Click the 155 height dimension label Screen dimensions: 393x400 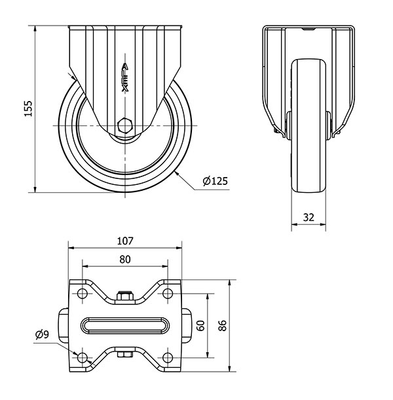point(28,109)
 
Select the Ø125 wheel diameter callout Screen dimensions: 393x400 point(215,181)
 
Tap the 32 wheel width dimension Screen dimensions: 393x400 point(309,217)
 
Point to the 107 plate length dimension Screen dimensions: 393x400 point(125,241)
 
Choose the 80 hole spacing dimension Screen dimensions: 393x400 point(125,260)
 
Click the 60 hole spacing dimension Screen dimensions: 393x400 point(201,325)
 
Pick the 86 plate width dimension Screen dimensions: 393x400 point(223,325)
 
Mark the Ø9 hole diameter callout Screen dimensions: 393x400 point(42,334)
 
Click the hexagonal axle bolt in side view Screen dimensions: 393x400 point(125,126)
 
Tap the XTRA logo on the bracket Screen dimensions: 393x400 point(125,77)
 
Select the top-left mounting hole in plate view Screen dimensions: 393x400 point(83,294)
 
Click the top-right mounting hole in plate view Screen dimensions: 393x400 point(168,294)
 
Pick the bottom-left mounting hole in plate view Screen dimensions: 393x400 point(83,358)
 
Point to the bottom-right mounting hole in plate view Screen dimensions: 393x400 point(168,358)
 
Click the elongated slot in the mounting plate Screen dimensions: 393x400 point(125,326)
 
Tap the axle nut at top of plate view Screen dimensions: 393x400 point(125,295)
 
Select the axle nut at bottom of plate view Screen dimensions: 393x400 point(125,355)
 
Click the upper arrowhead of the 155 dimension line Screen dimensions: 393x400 point(35,29)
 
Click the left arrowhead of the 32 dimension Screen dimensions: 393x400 point(295,224)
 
